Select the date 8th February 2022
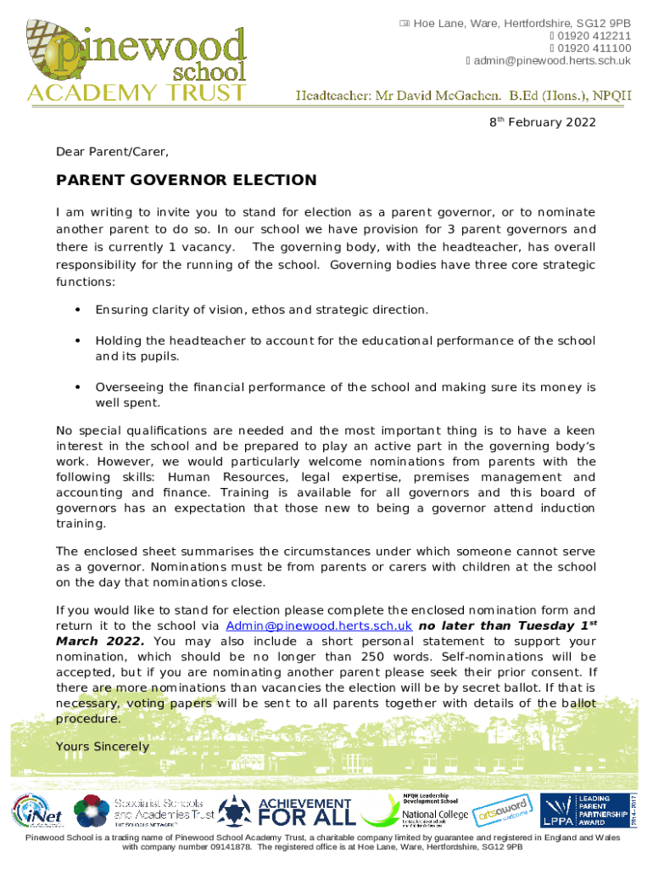pos(543,123)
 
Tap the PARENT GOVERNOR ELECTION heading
pos(186,181)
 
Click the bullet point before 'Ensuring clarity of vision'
pos(77,310)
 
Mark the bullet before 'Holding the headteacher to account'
pos(77,341)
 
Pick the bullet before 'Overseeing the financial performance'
pos(77,388)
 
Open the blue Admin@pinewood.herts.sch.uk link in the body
pos(319,625)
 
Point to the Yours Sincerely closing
pos(102,747)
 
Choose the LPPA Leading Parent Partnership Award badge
pos(585,810)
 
